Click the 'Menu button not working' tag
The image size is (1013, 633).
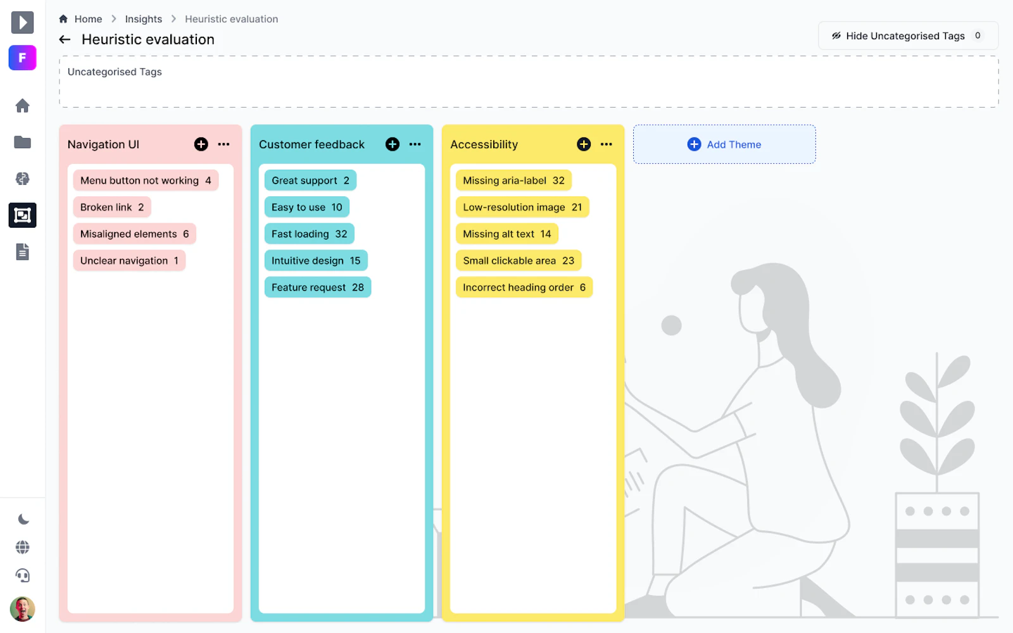(x=146, y=180)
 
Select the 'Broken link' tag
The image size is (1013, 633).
(x=111, y=207)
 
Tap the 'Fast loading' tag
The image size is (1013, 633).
(x=310, y=234)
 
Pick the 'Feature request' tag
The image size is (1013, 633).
(x=317, y=287)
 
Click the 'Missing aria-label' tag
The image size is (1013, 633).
(x=513, y=180)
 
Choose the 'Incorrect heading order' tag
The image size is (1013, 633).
(x=524, y=287)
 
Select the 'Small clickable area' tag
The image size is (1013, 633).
(x=519, y=260)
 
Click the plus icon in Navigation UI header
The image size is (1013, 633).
(x=201, y=144)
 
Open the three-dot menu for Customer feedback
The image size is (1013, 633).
(x=415, y=144)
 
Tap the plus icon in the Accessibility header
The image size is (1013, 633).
(x=584, y=144)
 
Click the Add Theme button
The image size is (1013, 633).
(x=724, y=144)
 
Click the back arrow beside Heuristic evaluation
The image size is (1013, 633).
(x=65, y=40)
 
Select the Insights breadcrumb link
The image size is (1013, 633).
(x=143, y=19)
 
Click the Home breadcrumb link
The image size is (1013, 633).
(x=88, y=19)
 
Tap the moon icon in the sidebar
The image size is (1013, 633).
(x=23, y=519)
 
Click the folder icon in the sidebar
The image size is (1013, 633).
(x=22, y=142)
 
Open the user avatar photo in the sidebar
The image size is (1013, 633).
(x=22, y=609)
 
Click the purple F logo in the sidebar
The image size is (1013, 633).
(x=22, y=58)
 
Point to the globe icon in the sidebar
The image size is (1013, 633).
(x=23, y=547)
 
